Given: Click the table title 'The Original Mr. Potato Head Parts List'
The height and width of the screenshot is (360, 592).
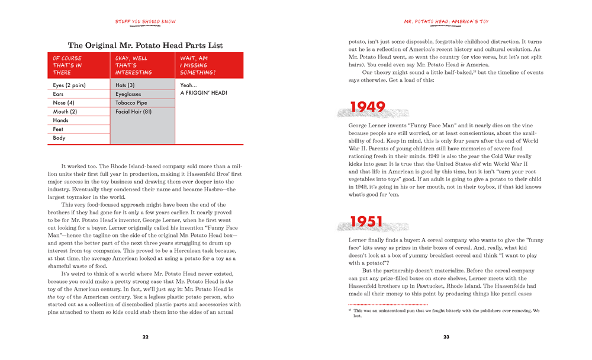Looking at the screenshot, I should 145,45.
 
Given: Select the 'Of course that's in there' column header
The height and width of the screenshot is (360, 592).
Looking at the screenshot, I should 78,65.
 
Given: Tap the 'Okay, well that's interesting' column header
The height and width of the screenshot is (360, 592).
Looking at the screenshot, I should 142,65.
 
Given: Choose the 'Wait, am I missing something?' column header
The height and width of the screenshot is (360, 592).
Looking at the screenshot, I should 209,65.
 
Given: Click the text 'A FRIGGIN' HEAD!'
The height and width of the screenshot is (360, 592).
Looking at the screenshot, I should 204,93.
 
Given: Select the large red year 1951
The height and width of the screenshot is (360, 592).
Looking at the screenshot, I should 368,221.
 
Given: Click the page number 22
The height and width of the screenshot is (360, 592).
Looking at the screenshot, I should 145,337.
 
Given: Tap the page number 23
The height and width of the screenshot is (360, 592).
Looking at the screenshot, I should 446,337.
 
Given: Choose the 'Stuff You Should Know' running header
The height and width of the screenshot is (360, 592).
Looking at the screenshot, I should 145,22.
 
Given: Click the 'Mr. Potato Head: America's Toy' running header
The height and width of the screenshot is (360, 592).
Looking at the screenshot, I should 446,22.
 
